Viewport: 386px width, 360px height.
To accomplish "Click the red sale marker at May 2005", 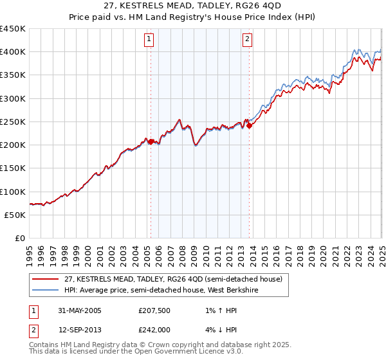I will [x=151, y=141].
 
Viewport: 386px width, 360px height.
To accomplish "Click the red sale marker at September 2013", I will [x=249, y=125].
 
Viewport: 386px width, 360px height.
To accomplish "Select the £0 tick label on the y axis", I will [x=19, y=238].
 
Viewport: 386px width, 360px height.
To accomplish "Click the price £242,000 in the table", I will [x=153, y=328].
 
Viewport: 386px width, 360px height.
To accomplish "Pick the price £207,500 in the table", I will [x=153, y=310].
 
